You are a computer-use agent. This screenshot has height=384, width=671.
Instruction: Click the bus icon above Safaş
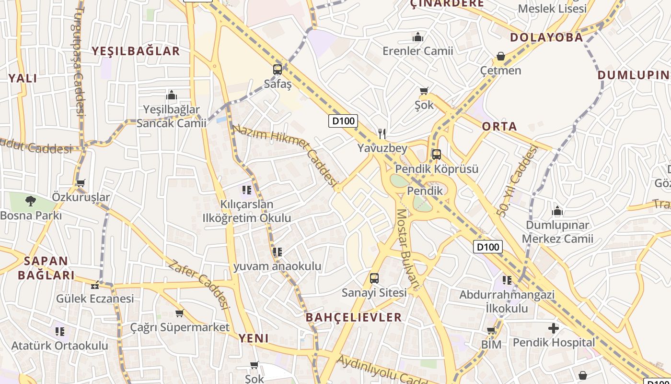pos(278,69)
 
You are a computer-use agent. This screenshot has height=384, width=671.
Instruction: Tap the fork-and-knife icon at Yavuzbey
pos(382,133)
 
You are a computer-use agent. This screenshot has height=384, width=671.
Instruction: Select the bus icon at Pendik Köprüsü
pos(436,155)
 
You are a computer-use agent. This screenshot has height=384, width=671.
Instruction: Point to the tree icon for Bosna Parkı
pos(31,201)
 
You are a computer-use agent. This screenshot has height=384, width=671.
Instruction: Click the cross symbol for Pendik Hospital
pos(554,328)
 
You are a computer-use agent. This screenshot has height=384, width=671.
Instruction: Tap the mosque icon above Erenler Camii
pos(418,37)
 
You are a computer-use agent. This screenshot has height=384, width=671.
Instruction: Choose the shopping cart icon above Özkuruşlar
pos(81,183)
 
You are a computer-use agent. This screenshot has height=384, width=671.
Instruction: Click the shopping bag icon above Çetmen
pos(501,57)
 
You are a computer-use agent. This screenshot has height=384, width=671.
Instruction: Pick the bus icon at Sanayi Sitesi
pos(374,278)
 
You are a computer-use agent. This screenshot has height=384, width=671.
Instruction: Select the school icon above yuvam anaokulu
pos(277,252)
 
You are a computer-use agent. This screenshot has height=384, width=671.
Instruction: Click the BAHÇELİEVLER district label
pos(354,317)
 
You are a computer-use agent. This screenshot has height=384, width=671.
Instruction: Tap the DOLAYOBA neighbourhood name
pos(546,37)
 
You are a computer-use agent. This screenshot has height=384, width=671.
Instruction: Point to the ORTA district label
pos(499,126)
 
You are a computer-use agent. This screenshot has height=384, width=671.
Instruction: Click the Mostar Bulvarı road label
pos(408,250)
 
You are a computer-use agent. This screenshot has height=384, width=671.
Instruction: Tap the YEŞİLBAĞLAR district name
pos(136,51)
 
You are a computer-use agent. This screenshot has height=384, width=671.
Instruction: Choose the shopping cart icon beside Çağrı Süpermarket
pos(179,313)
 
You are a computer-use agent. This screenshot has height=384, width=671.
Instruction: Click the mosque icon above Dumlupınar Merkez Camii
pos(557,211)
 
